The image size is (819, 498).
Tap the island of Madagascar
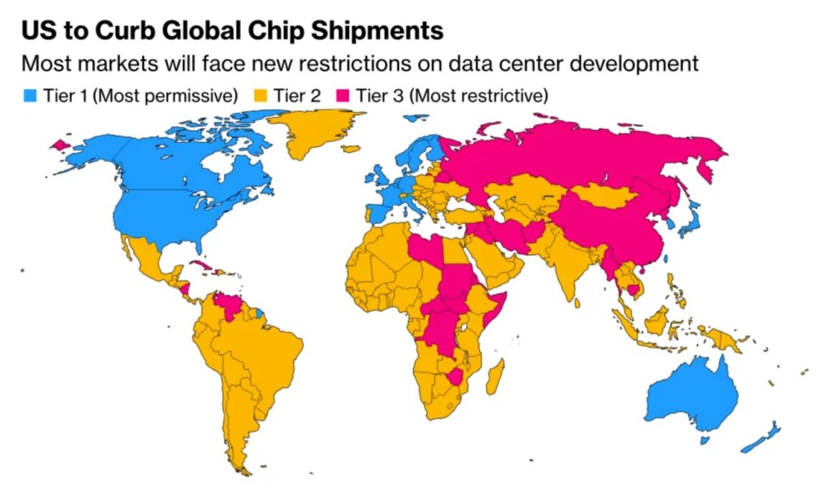pos(495,377)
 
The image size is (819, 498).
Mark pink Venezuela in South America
pos(230,305)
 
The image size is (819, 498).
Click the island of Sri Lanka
pos(579,304)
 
